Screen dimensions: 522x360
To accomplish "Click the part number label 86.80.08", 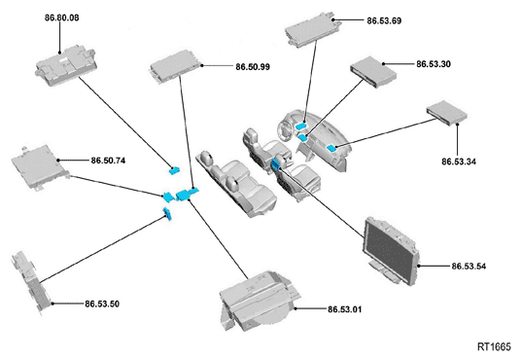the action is click(x=62, y=18).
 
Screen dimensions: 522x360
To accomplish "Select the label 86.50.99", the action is click(x=253, y=67).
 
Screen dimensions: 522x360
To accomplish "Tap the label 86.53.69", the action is click(x=384, y=20).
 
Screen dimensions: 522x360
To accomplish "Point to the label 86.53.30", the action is click(x=434, y=64).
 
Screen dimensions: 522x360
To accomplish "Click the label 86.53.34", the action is click(x=459, y=162).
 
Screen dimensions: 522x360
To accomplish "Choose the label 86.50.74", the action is click(x=108, y=161).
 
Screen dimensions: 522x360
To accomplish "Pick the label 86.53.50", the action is click(x=102, y=304).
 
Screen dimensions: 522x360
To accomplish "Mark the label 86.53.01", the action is click(x=344, y=309).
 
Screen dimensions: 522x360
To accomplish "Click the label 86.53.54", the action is click(x=469, y=267).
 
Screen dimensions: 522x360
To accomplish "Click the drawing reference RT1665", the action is click(x=494, y=347).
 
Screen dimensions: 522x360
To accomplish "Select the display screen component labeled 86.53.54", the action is click(x=392, y=251).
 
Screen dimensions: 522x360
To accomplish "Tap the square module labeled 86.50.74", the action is click(x=41, y=166).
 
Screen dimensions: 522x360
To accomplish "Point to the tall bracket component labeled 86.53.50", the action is click(x=31, y=282).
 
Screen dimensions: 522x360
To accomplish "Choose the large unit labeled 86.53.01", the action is click(x=259, y=299).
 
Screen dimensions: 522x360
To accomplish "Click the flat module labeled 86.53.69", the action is click(x=311, y=30).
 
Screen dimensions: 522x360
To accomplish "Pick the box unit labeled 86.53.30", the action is click(x=373, y=72).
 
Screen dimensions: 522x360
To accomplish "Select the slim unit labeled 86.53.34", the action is click(x=447, y=113).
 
